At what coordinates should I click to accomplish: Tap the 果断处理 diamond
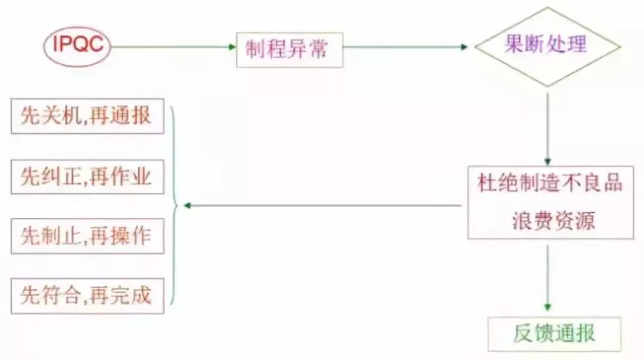point(547,46)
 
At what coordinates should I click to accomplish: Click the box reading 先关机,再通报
point(87,116)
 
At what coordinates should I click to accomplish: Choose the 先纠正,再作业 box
point(87,176)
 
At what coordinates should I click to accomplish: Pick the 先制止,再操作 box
point(87,237)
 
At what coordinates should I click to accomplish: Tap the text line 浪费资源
point(553,221)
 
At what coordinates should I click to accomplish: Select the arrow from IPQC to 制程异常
point(173,46)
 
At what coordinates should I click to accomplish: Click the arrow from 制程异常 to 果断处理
point(405,46)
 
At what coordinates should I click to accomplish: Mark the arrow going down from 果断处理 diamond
point(547,125)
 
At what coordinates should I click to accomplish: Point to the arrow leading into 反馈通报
point(547,277)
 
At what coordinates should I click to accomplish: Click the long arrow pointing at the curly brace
point(322,206)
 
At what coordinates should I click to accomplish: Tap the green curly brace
point(174,206)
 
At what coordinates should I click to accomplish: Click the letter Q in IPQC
point(82,45)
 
